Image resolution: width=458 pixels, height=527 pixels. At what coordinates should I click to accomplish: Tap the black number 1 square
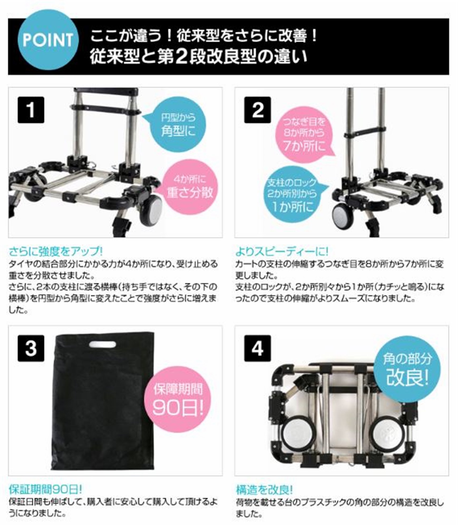31,110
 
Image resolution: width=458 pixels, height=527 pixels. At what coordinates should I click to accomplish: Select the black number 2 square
257,110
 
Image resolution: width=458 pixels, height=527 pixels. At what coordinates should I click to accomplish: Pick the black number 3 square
31,348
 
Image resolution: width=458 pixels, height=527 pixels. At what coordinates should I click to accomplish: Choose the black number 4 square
257,348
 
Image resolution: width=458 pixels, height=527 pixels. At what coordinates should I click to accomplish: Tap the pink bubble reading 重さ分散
190,188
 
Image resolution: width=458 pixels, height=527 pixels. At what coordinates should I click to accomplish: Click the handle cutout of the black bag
103,345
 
